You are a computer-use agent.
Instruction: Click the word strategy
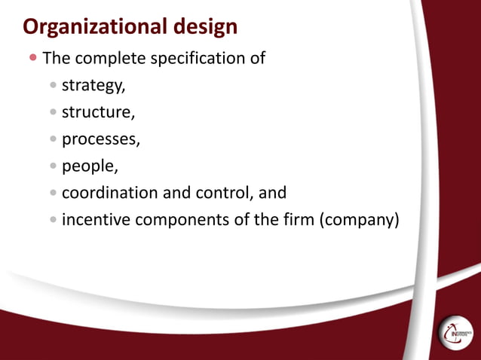pyautogui.click(x=93, y=85)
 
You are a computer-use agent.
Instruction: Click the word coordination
pyautogui.click(x=109, y=193)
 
